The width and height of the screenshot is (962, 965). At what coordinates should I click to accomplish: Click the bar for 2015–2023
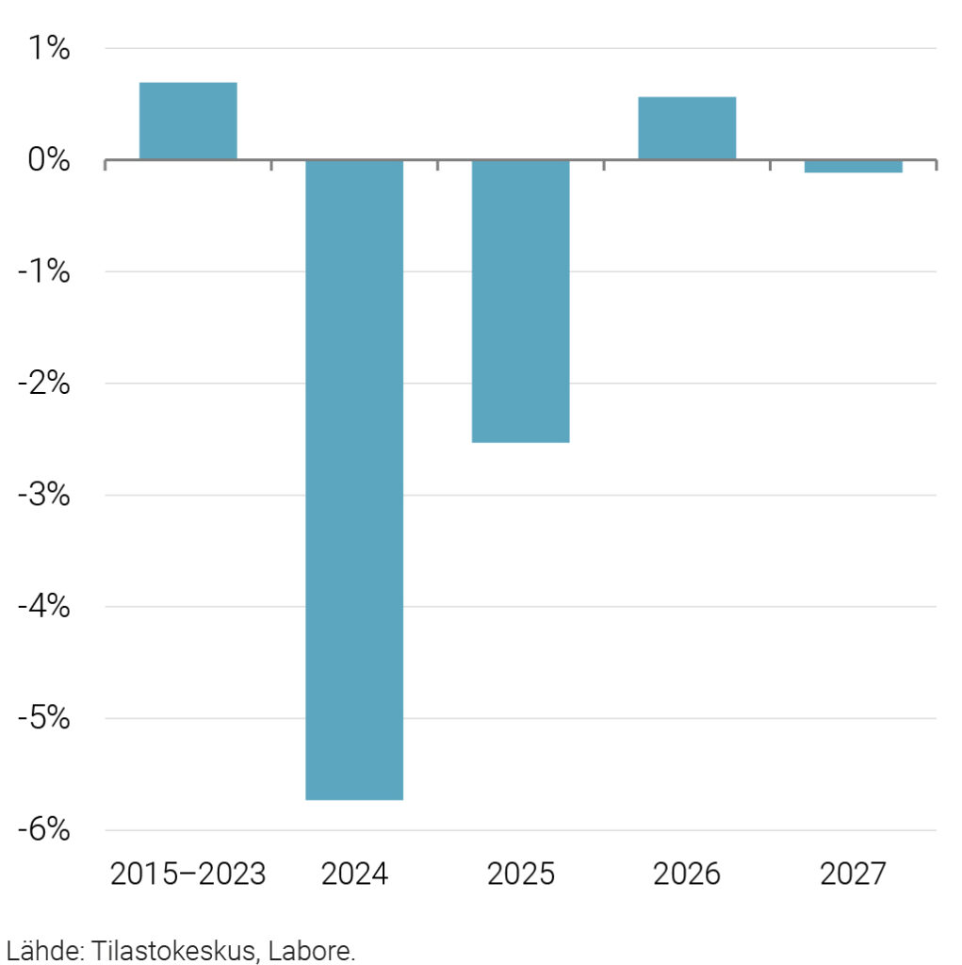[188, 121]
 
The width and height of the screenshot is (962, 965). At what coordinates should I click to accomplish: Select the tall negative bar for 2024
[354, 479]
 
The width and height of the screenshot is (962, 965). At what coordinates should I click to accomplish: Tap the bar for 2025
[520, 301]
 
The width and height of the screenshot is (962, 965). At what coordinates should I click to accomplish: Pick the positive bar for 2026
[687, 128]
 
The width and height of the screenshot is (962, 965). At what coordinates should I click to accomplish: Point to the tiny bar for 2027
[853, 167]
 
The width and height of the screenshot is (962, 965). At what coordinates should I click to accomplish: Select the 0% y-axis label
[48, 160]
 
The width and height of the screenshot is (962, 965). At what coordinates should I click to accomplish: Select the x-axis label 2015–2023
[188, 875]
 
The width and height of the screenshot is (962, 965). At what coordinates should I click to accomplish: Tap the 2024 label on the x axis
[354, 875]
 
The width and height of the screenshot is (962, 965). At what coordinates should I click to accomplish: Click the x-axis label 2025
[520, 875]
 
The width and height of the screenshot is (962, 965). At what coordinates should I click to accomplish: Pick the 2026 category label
[687, 875]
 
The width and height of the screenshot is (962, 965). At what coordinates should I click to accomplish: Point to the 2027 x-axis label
[853, 875]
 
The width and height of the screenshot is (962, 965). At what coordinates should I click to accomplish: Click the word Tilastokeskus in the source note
[174, 950]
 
